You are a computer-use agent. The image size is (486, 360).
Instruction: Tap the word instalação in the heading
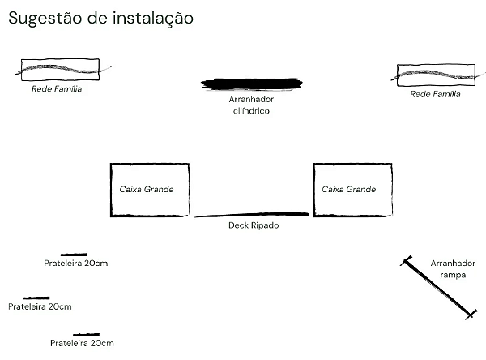click(x=153, y=19)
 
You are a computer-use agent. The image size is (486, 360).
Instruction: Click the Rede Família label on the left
click(x=57, y=88)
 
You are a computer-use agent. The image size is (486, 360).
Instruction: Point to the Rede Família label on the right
click(x=436, y=94)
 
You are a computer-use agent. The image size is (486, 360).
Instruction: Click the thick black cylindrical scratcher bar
click(x=252, y=84)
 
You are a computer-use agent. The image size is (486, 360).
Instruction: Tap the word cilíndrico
click(x=251, y=111)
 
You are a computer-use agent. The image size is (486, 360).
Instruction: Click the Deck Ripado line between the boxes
click(x=252, y=214)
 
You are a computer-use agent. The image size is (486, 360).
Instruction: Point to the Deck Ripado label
click(x=254, y=225)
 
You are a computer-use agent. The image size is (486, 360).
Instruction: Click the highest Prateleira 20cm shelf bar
click(x=74, y=255)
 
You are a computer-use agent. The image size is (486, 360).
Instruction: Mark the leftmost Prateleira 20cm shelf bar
click(x=36, y=298)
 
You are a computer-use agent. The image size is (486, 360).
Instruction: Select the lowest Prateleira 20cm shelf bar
click(x=86, y=335)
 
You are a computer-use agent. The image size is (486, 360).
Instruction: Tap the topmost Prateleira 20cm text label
click(x=76, y=264)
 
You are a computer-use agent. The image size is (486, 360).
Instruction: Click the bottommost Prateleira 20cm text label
click(x=82, y=343)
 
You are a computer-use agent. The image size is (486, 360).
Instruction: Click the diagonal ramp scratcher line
click(x=438, y=288)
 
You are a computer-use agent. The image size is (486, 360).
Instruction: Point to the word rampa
click(x=453, y=276)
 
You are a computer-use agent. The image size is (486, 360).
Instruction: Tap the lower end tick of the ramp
click(x=471, y=315)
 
